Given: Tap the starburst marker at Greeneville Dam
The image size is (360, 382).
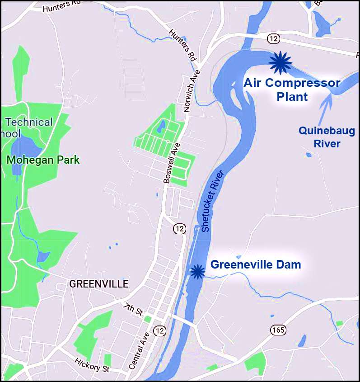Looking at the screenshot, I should [197, 271].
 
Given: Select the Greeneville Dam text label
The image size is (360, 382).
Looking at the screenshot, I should [256, 264].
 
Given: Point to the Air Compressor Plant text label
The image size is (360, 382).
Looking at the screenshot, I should [291, 90].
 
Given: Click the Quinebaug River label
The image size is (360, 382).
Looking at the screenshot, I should [319, 137].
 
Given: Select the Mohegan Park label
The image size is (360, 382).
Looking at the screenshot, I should [43, 160].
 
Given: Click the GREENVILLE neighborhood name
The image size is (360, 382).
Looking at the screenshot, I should [98, 284].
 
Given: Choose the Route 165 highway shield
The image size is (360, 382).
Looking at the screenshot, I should [278, 330].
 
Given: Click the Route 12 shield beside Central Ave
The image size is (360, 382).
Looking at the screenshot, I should [159, 330].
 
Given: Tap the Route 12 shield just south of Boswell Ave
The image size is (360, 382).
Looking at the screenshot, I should [180, 229].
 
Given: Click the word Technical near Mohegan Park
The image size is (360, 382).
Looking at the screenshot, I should [28, 122].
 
